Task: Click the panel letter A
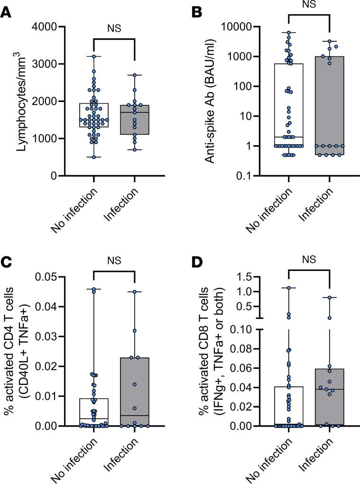[x=7, y=13]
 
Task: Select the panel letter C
[x=7, y=263]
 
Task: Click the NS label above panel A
[x=114, y=28]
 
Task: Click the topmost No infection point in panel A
[x=94, y=56]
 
